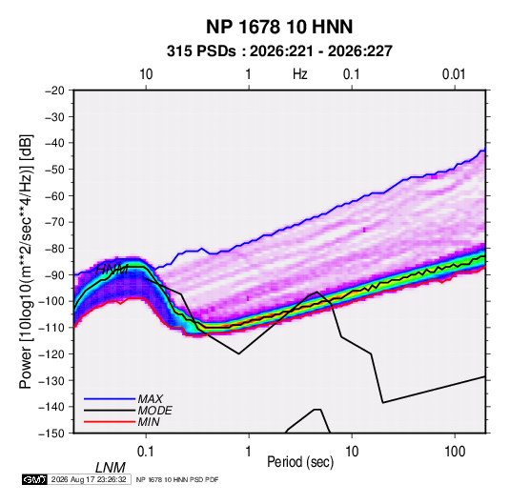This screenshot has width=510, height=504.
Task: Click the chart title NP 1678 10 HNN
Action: tap(279, 27)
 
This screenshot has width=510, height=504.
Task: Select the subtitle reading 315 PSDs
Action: tap(201, 51)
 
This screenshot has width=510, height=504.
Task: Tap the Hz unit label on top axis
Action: tap(300, 74)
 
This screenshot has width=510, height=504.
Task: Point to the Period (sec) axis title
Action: tap(300, 461)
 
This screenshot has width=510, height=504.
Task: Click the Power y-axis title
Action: tap(26, 261)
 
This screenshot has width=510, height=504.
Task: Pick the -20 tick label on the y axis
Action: tap(54, 91)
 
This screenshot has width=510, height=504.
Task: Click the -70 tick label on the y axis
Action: tap(54, 222)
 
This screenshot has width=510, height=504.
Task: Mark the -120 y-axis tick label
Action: tap(51, 354)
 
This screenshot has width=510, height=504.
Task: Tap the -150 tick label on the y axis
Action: tap(51, 433)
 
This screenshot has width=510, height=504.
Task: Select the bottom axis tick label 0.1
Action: tap(146, 452)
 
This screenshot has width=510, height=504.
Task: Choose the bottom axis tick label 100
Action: tap(455, 452)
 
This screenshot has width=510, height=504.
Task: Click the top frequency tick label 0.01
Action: tap(454, 74)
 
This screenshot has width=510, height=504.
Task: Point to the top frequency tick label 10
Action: tap(146, 74)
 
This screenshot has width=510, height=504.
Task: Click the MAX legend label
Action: tap(150, 399)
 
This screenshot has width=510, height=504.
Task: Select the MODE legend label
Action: tap(154, 411)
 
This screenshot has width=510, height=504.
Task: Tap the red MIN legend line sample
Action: tap(110, 422)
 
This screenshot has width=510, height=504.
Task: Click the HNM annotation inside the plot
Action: tap(112, 270)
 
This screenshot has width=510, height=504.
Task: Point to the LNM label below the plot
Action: tap(111, 468)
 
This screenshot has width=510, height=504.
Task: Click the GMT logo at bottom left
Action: tap(35, 479)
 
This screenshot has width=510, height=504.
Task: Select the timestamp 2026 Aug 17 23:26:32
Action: tap(89, 479)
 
